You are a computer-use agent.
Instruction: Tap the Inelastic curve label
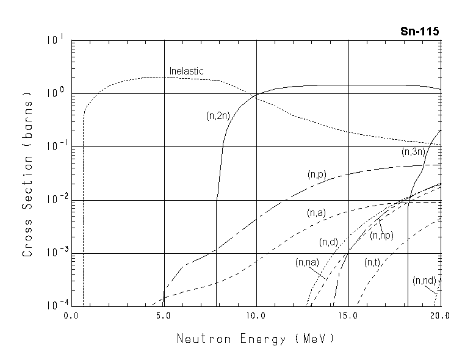(186, 71)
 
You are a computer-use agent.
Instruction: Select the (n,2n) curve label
(218, 115)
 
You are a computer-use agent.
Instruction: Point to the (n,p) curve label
(317, 175)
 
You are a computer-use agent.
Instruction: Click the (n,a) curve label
(316, 213)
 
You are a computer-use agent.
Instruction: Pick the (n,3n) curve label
(413, 152)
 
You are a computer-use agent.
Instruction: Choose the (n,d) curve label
(328, 242)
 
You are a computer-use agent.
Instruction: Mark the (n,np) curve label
(382, 236)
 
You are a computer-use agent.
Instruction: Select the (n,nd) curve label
(424, 281)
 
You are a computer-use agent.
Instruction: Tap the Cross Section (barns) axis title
(27, 174)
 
